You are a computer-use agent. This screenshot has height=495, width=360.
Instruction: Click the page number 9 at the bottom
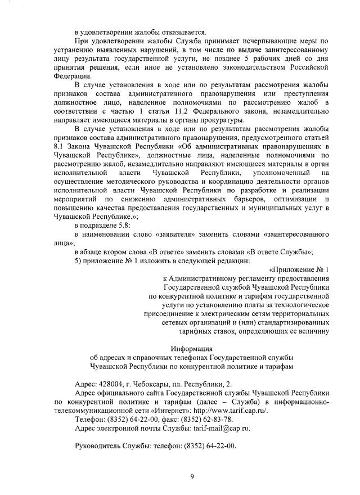tap(192, 477)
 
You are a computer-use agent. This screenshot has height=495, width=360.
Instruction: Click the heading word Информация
tap(192, 348)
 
